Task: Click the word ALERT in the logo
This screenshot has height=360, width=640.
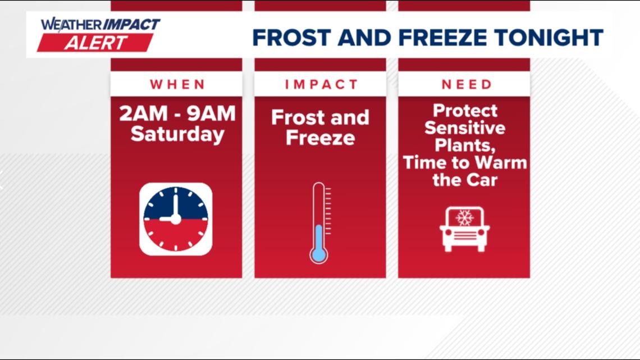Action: [96, 43]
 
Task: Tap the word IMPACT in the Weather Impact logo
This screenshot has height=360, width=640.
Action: [131, 25]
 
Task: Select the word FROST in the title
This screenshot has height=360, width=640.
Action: [291, 38]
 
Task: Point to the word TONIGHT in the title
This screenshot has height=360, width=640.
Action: [548, 38]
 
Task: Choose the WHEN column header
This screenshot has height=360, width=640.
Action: [177, 84]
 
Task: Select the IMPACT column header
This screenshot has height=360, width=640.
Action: [321, 84]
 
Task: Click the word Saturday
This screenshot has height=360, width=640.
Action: [177, 134]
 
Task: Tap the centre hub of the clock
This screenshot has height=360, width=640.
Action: [176, 219]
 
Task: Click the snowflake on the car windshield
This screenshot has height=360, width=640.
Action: [464, 217]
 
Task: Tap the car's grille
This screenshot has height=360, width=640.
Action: [464, 235]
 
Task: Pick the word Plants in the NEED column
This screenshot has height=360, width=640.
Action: [464, 145]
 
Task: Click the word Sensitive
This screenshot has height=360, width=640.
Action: [465, 127]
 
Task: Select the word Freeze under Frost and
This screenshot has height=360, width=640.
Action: [321, 138]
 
